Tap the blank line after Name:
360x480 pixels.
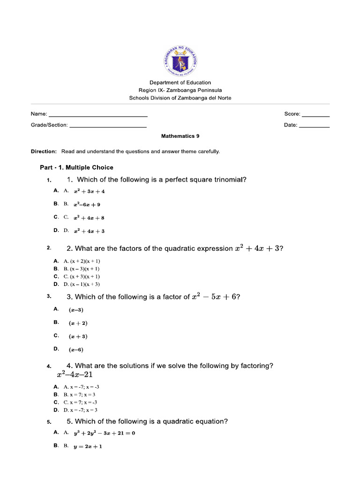[x=98, y=115]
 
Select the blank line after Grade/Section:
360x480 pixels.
[x=108, y=127]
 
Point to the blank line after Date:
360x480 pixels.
[x=314, y=127]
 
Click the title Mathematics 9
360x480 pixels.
[x=180, y=136]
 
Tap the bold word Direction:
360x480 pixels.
[x=44, y=151]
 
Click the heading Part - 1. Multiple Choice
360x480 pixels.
[x=76, y=167]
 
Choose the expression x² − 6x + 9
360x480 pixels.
[x=87, y=204]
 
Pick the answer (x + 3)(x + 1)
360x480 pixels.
[x=84, y=277]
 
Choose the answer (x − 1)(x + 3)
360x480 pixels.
[x=84, y=284]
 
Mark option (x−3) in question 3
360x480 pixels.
[x=76, y=310]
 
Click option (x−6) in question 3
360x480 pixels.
[x=76, y=349]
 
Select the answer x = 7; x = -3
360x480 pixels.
[x=84, y=402]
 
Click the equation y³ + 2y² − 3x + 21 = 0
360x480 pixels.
[x=104, y=433]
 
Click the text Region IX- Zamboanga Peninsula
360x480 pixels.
[x=180, y=90]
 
